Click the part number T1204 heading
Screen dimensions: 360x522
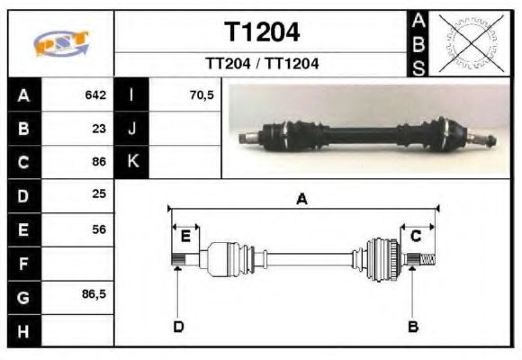pos(262,33)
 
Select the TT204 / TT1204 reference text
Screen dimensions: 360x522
pos(262,65)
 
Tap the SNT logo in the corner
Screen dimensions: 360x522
pos(61,43)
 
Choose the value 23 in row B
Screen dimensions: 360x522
pos(99,129)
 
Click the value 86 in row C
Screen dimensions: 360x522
pos(99,163)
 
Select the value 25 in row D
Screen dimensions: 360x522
pos(99,195)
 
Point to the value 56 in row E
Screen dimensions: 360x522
pos(99,229)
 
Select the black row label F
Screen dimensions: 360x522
pos(24,264)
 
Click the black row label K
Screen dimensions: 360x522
pos(132,162)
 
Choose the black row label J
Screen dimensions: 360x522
pos(132,129)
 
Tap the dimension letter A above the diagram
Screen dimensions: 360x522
pos(302,200)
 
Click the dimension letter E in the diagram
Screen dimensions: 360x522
pos(185,237)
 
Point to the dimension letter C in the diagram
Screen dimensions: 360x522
pos(416,236)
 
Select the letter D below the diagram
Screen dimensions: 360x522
pos(178,326)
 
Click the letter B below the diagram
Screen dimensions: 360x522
pos(413,326)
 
